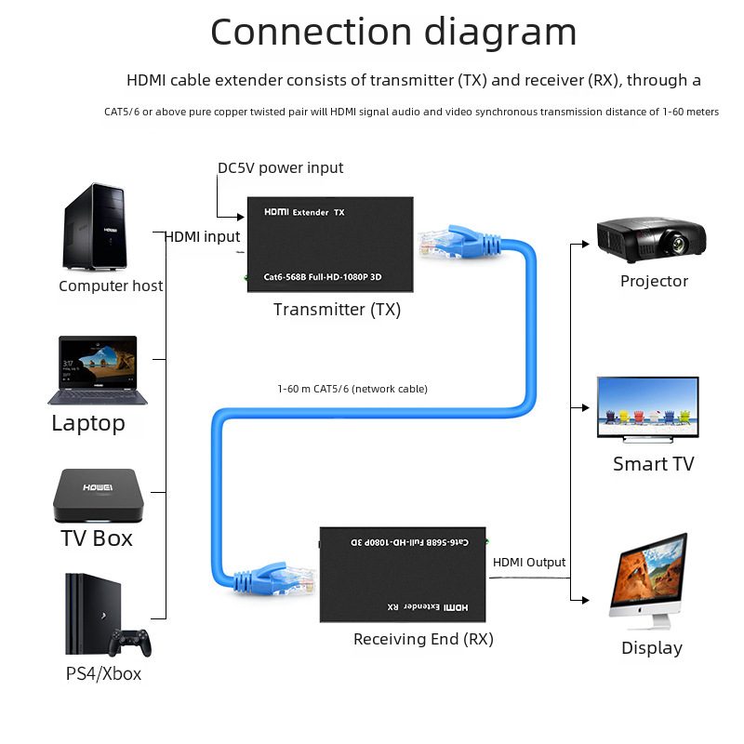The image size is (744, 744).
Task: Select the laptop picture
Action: [x=99, y=370]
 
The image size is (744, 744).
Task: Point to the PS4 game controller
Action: [x=131, y=642]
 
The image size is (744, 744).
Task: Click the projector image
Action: [x=655, y=238]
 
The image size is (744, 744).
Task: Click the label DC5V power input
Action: [x=280, y=168]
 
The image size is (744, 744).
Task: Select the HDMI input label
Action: [x=203, y=237]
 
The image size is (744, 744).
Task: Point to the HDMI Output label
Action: [x=528, y=563]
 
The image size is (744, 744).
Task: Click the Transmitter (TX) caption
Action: [x=337, y=310]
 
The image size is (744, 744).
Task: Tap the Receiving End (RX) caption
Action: [x=423, y=640]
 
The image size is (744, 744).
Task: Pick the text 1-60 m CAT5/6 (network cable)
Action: [x=352, y=389]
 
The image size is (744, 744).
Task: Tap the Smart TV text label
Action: [x=653, y=464]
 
